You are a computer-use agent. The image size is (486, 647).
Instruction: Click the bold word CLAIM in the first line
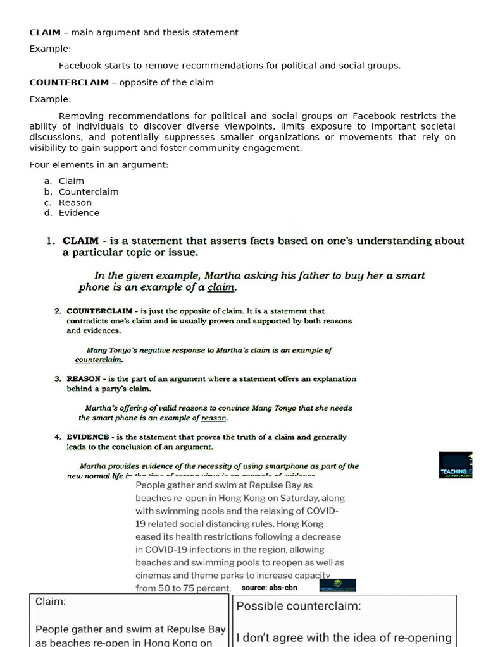pyautogui.click(x=45, y=32)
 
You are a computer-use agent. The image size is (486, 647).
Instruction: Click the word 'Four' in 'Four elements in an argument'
pyautogui.click(x=39, y=165)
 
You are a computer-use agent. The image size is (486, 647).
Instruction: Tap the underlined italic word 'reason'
pyautogui.click(x=213, y=418)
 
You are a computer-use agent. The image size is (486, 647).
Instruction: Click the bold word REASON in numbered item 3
pyautogui.click(x=84, y=379)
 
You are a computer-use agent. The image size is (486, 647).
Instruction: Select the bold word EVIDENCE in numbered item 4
pyautogui.click(x=88, y=437)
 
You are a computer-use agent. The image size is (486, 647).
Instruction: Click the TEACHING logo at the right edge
pyautogui.click(x=456, y=466)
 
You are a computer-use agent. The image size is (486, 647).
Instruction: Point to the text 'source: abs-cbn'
pyautogui.click(x=269, y=587)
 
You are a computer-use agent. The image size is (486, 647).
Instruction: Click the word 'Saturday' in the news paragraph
pyautogui.click(x=307, y=498)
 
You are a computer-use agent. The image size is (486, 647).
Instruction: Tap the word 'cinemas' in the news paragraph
pyautogui.click(x=154, y=575)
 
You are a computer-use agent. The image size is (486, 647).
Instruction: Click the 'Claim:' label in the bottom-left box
pyautogui.click(x=51, y=602)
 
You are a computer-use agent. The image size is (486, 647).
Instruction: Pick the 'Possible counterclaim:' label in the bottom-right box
pyautogui.click(x=298, y=606)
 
